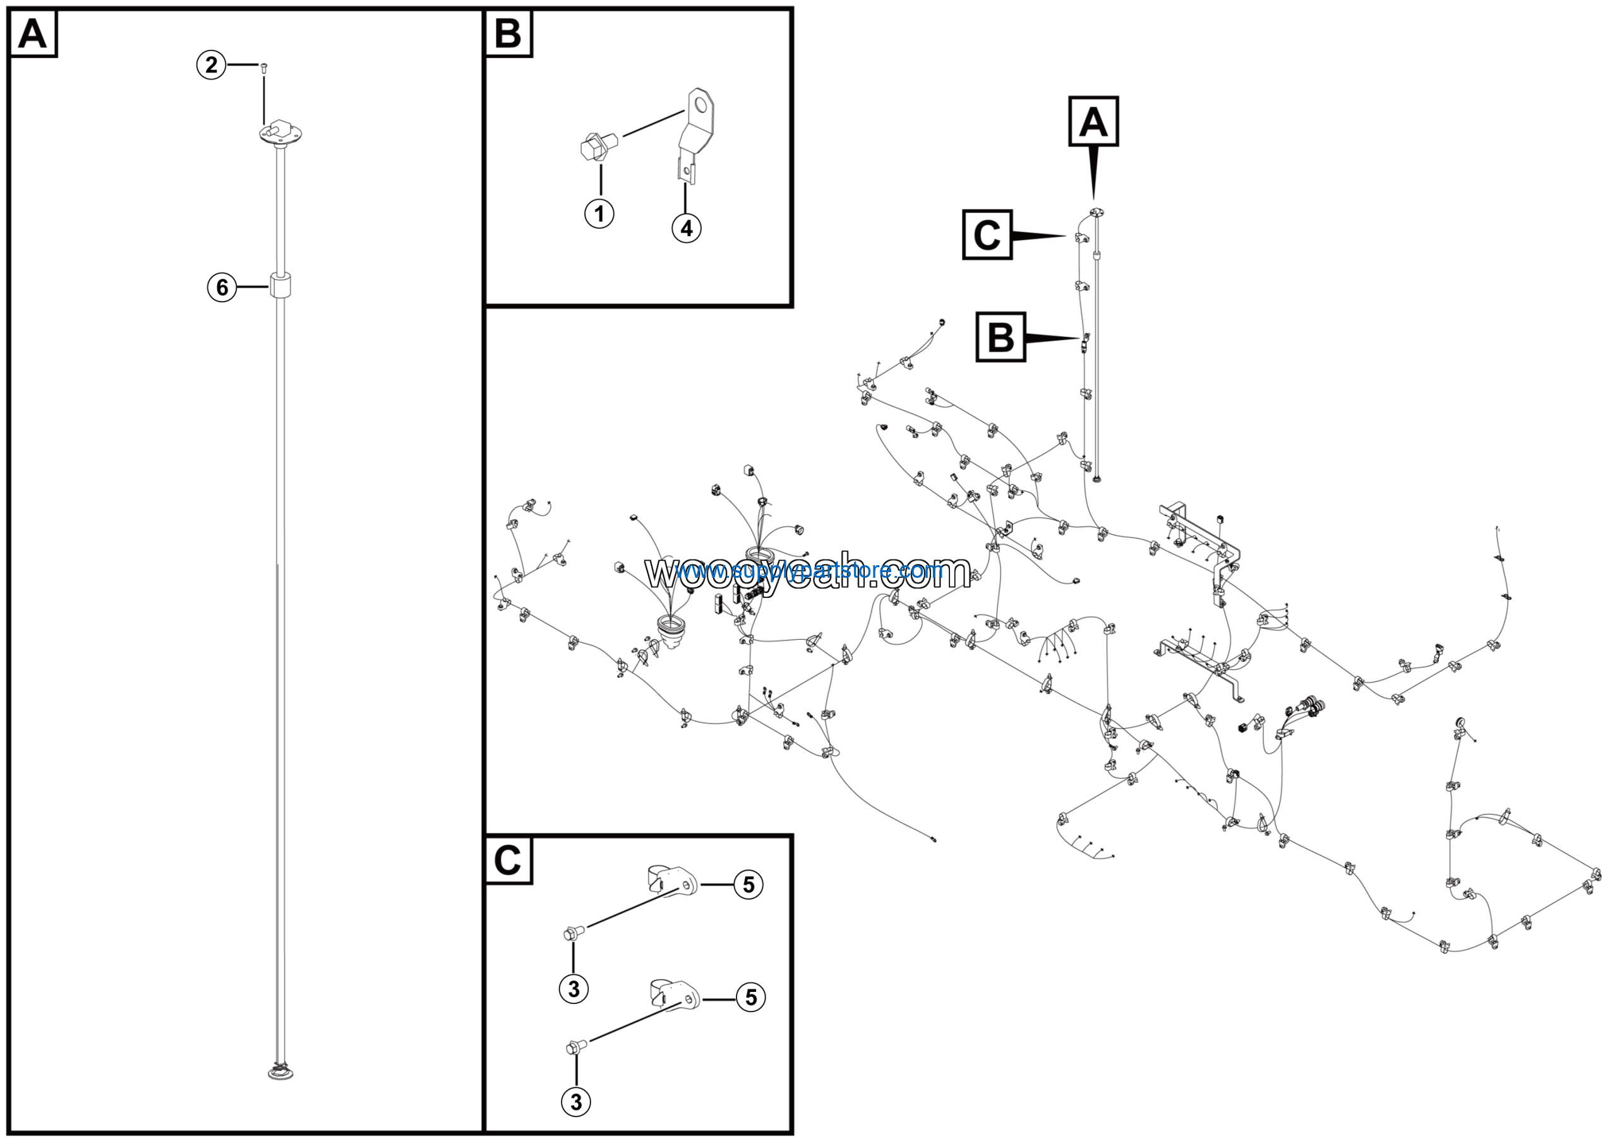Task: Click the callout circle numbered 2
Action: (x=210, y=66)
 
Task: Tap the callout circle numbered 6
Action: (x=222, y=288)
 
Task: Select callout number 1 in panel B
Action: (x=599, y=214)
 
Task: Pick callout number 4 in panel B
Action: (x=686, y=228)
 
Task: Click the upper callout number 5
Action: (x=748, y=884)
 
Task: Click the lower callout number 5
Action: (x=751, y=997)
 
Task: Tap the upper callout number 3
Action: (x=574, y=988)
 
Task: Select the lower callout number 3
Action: (x=576, y=1101)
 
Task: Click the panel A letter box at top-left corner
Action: (x=32, y=33)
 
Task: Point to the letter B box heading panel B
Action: (x=508, y=33)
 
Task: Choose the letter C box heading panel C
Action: (x=508, y=860)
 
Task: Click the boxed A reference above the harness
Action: (x=1093, y=121)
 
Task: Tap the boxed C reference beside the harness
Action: (x=987, y=235)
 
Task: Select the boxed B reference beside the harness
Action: (x=1000, y=337)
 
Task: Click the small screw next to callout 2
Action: (x=263, y=67)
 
